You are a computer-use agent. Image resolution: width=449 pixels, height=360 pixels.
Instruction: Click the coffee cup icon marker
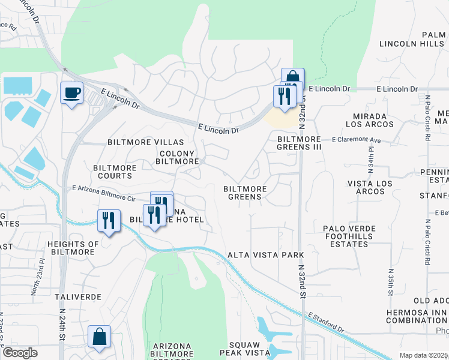72,94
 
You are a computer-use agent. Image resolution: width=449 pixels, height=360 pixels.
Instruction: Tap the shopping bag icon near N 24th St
100,337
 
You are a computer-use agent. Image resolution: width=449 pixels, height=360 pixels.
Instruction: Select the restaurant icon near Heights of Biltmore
109,220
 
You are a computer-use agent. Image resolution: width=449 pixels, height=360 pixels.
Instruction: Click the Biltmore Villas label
145,142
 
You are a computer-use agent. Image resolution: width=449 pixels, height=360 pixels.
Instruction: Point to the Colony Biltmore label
178,158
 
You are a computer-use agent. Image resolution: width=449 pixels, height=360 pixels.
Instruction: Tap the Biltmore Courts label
113,172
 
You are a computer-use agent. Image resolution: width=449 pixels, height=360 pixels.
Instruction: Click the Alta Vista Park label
266,255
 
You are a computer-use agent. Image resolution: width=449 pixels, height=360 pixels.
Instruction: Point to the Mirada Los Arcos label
370,121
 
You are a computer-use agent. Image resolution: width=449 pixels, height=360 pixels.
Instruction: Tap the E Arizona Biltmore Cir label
102,193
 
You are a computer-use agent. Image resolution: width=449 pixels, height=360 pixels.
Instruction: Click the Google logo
20,353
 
